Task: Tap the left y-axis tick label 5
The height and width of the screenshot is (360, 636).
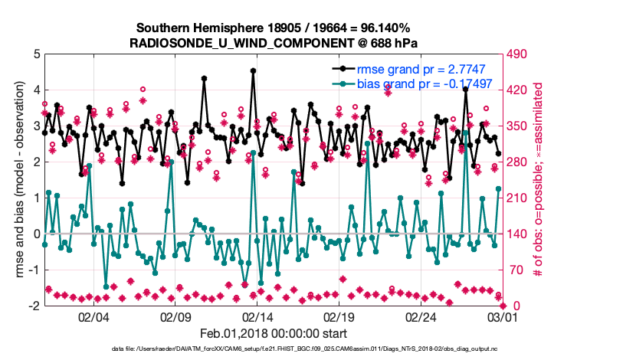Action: (x=36, y=54)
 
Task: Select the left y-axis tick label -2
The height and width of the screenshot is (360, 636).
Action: (x=34, y=306)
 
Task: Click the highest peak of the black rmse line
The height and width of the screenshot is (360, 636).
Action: (x=253, y=70)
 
